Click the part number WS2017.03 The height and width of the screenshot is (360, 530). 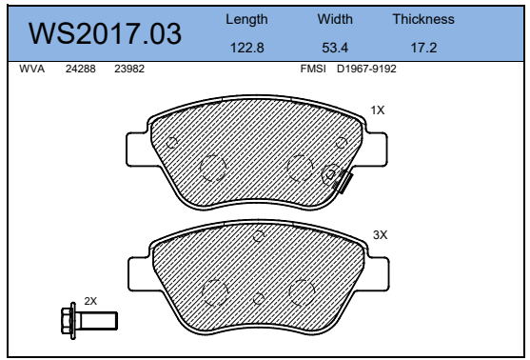tap(105, 33)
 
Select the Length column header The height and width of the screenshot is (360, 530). tap(246, 20)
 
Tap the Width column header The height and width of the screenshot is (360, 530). tap(335, 19)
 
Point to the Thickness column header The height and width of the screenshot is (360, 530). tap(423, 19)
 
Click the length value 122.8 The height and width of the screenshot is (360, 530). tap(246, 48)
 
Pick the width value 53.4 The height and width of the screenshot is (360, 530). tap(335, 48)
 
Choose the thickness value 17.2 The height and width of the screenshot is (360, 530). tap(423, 48)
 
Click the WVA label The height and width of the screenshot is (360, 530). tap(31, 69)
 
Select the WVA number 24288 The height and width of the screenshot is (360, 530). tap(81, 69)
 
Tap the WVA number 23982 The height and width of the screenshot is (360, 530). tap(129, 69)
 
